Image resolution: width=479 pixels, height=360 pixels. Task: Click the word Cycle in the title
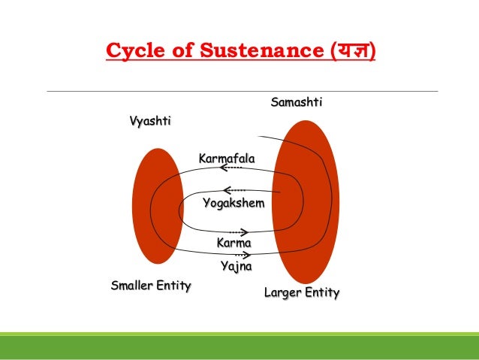tap(130, 52)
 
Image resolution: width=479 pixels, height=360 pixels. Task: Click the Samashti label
tap(296, 102)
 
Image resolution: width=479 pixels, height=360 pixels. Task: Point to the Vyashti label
tap(149, 122)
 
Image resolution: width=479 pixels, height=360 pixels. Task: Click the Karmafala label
tap(227, 159)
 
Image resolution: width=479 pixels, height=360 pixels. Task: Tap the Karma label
tap(233, 243)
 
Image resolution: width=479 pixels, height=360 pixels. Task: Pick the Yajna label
tap(236, 266)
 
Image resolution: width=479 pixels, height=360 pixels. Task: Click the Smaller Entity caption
tap(150, 286)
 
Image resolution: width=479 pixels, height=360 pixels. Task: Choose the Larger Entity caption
tap(302, 292)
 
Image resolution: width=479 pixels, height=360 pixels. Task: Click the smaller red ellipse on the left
tap(158, 206)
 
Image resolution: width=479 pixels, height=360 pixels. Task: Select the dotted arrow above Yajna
tap(241, 255)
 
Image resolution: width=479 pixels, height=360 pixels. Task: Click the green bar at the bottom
tap(239, 346)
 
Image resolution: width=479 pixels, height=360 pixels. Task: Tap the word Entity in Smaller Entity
tap(172, 286)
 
